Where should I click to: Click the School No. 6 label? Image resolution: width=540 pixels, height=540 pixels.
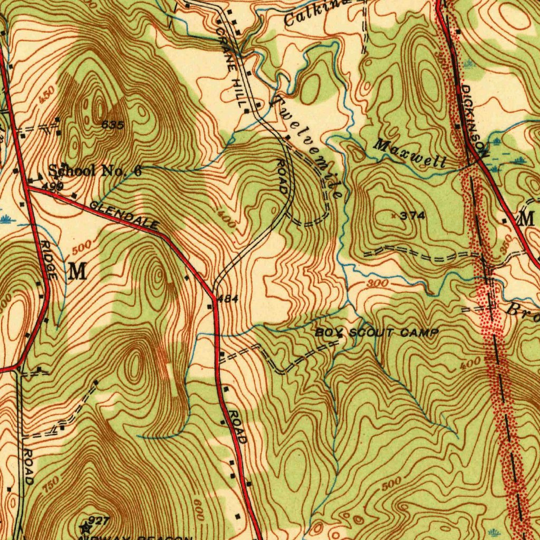click(95, 170)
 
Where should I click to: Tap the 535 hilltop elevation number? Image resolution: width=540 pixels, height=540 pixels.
click(113, 125)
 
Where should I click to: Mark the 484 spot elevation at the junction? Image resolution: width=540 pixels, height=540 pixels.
click(228, 299)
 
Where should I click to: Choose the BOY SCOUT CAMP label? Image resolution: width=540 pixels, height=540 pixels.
click(377, 333)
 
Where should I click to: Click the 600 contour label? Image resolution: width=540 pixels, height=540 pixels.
click(199, 510)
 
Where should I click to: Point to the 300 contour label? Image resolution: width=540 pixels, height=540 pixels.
click(378, 284)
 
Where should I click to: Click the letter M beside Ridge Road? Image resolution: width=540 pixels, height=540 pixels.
click(77, 272)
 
